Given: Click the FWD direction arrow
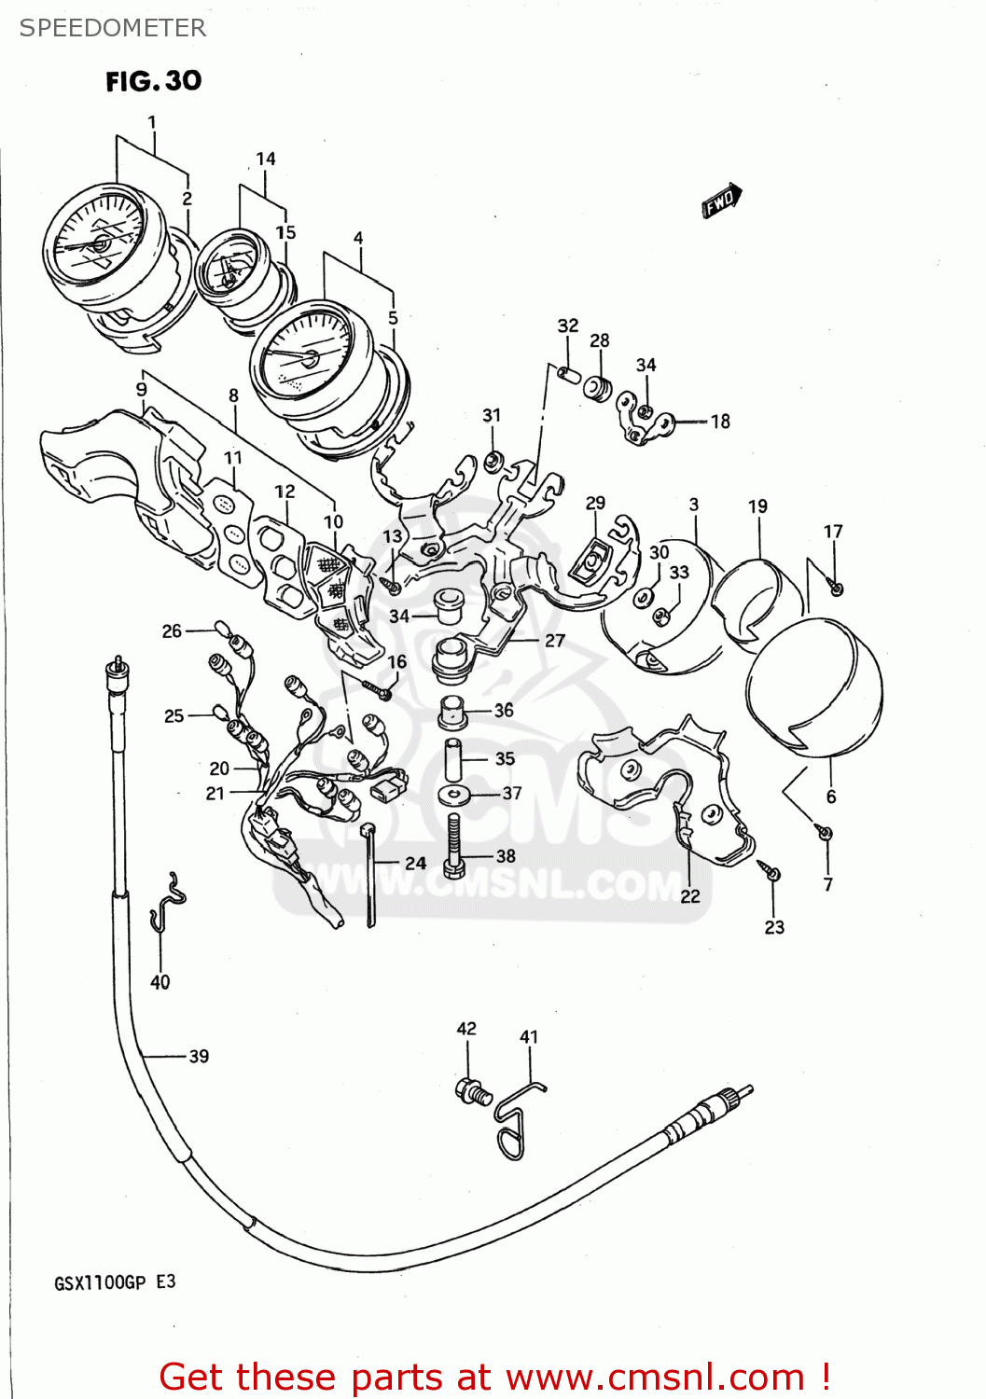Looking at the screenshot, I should [721, 201].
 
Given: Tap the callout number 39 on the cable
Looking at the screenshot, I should [199, 1056].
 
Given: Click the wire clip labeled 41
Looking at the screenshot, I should [513, 1124].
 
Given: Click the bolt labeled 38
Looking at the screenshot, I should [454, 847].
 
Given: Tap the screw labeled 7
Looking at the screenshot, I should [824, 832].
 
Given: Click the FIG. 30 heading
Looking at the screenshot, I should [153, 81].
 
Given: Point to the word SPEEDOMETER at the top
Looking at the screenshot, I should [113, 28].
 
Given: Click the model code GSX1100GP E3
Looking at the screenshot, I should [115, 1282].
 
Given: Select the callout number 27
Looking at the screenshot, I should [554, 641].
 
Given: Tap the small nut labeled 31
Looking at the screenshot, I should [495, 460].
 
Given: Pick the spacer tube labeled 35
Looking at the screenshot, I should [453, 759].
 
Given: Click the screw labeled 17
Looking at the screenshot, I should [837, 588].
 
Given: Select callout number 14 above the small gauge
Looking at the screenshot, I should [266, 159].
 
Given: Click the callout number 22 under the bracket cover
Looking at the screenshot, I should [689, 896].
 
